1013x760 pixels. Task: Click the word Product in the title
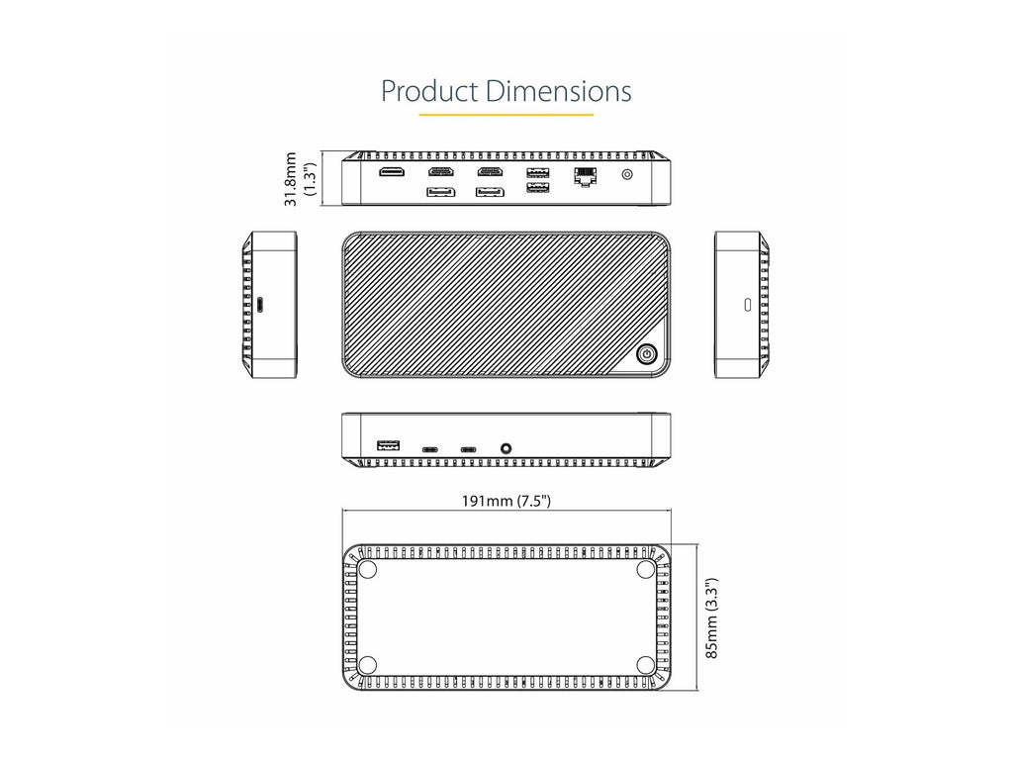[429, 91]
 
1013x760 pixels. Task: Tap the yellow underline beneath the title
[506, 115]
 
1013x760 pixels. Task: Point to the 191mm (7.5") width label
[506, 501]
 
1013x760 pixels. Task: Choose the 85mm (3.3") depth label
[711, 617]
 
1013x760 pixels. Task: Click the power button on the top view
[647, 354]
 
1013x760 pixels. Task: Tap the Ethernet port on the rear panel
[586, 176]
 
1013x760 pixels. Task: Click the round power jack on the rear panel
[626, 174]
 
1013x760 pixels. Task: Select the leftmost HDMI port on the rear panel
[392, 172]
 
